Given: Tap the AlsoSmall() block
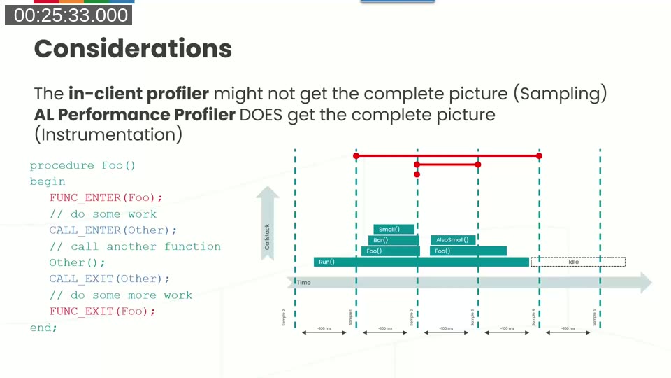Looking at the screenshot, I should (x=453, y=240).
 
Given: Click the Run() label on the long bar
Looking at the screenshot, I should (x=326, y=262).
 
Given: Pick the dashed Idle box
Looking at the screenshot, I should (x=577, y=262).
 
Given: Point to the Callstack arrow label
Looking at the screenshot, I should (x=267, y=236).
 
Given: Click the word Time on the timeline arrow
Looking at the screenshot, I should (x=304, y=282).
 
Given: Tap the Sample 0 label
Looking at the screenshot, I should (x=284, y=317).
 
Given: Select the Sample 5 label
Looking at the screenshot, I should (x=595, y=317).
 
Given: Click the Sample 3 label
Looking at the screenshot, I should (x=472, y=317).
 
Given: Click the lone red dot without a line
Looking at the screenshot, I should (x=417, y=174).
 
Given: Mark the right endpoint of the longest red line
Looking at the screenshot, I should (x=539, y=155).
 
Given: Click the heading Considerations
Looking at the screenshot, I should (x=133, y=48).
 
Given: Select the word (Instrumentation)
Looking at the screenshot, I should (x=108, y=134).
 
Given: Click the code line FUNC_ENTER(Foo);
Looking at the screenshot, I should (x=106, y=197).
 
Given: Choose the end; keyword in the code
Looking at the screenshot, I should (x=43, y=328).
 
